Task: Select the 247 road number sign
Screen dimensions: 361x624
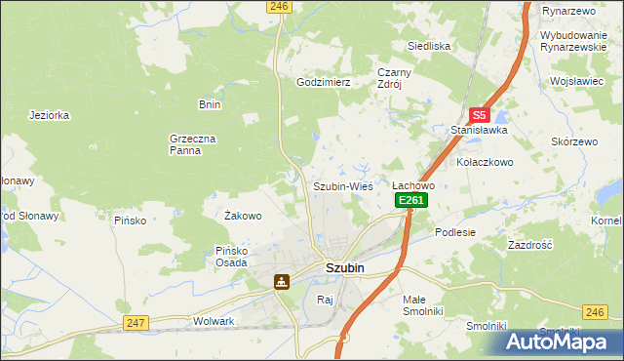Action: click(136, 323)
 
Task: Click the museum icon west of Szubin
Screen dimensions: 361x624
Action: click(281, 282)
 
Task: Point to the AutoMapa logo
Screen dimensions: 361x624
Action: click(557, 342)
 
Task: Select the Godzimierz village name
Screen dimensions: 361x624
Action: click(323, 83)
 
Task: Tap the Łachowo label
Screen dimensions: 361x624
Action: click(412, 185)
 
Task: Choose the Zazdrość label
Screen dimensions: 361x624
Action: click(530, 245)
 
